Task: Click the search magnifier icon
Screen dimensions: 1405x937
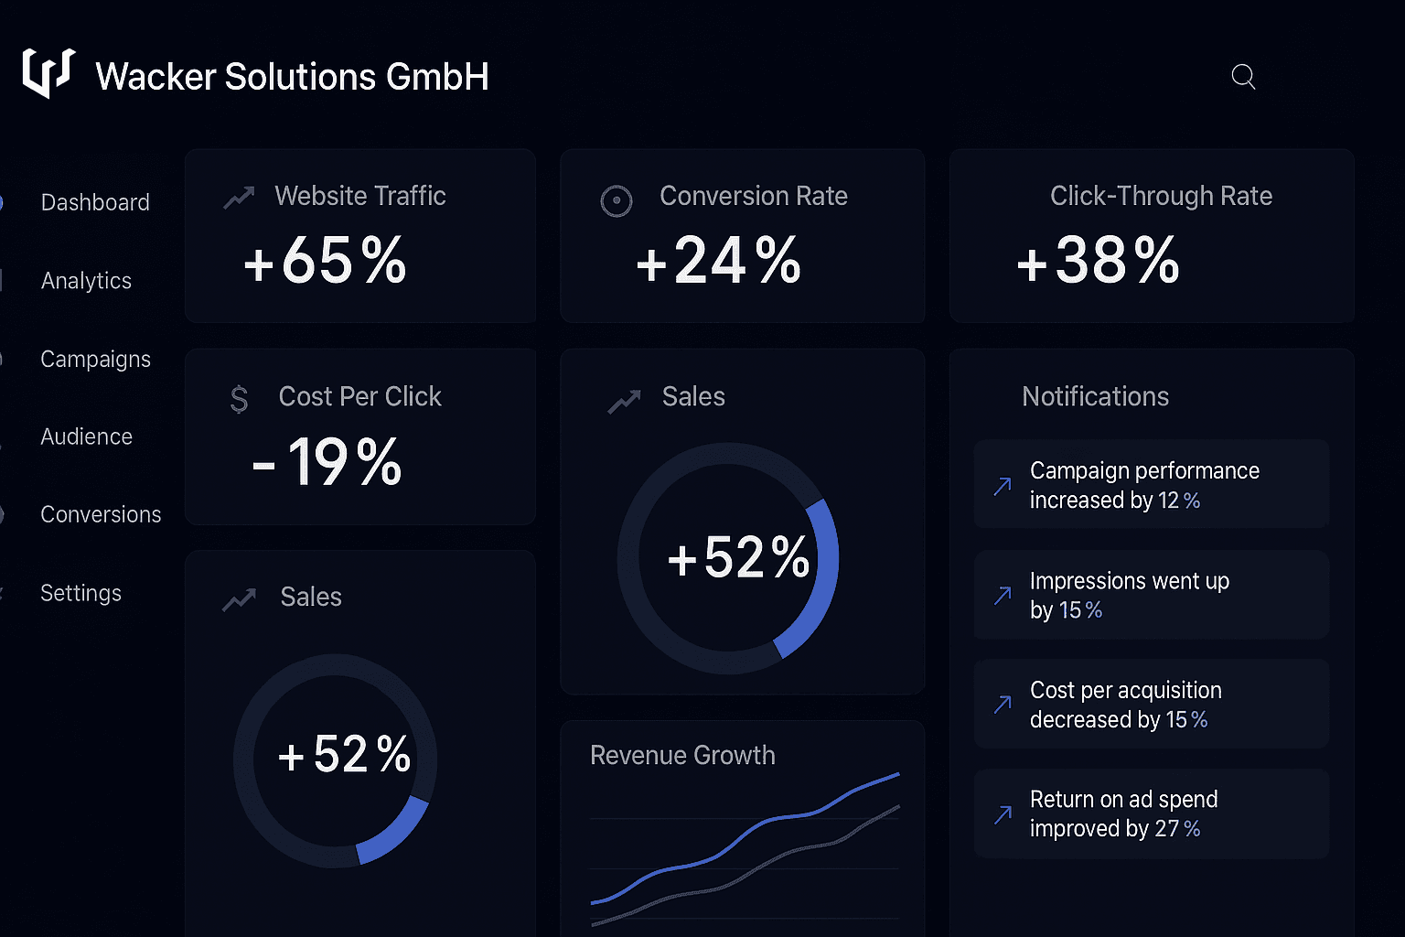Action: point(1243,77)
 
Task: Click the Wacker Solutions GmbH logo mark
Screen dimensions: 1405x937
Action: point(48,73)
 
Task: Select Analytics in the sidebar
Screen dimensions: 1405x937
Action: point(86,281)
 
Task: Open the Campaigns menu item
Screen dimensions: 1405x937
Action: point(95,359)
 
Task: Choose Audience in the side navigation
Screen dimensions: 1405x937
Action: point(87,436)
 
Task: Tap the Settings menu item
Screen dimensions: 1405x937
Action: point(80,593)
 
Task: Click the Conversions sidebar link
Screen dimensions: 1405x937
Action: point(101,514)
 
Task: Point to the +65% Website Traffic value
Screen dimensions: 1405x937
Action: point(325,261)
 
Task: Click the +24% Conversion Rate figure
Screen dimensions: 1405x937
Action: point(719,261)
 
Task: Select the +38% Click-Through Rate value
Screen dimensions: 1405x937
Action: point(1099,261)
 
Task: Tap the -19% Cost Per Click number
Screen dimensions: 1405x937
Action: point(327,462)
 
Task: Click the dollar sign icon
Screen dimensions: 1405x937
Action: point(239,399)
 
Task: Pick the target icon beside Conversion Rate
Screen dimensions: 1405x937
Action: point(617,201)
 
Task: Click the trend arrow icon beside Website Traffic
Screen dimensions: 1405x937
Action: point(239,197)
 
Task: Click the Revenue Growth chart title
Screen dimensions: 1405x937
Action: point(682,755)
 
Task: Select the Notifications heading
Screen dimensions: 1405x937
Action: point(1095,396)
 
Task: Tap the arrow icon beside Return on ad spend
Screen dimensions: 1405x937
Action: point(1003,814)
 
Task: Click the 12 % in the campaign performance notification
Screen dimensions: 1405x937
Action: point(1179,501)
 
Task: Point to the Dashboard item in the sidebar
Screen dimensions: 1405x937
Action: point(95,202)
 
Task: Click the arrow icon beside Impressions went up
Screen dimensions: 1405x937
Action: point(1003,596)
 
